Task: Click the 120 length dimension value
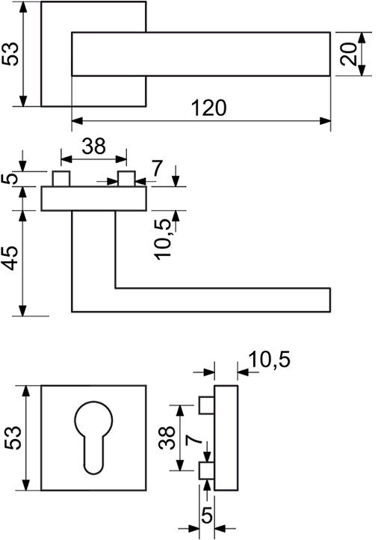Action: point(208,108)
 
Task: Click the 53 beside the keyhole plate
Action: point(13,438)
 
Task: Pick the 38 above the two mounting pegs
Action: point(94,146)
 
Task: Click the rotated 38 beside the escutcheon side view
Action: point(167,438)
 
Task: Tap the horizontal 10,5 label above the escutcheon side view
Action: point(270,360)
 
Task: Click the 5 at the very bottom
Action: point(206,516)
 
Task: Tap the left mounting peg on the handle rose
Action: point(61,179)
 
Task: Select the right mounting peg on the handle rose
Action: point(126,179)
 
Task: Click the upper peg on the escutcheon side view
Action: point(207,405)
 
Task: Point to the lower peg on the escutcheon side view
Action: point(207,470)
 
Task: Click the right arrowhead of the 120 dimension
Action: point(325,121)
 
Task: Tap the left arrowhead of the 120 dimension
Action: point(78,121)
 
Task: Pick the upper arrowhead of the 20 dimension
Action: point(362,38)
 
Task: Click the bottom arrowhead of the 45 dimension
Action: point(22,310)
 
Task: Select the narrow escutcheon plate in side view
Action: point(226,438)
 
